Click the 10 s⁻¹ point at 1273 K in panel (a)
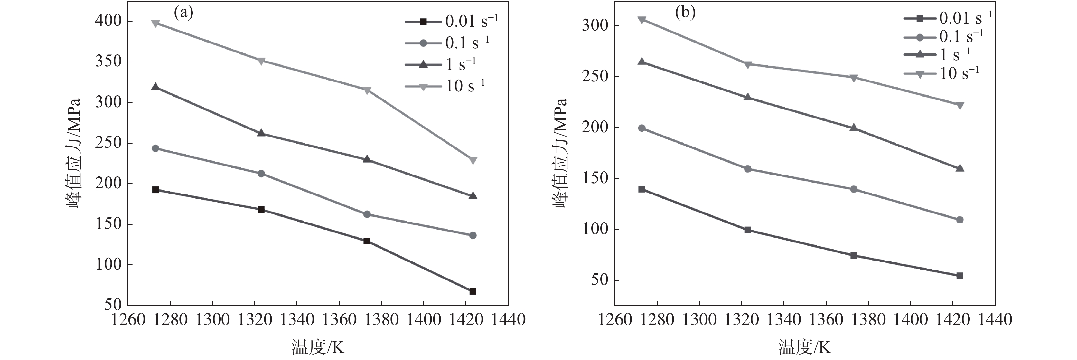[155, 24]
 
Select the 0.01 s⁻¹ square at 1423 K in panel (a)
[473, 291]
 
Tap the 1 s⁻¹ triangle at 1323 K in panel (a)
[261, 133]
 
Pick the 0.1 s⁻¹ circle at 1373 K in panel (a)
[367, 214]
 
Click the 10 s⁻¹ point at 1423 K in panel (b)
[960, 105]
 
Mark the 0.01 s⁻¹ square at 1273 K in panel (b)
[642, 189]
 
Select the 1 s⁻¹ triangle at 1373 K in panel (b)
[854, 128]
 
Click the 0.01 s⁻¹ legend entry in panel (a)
[452, 21]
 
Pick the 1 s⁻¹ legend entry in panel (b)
[937, 55]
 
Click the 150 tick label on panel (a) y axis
[109, 224]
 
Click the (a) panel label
[183, 14]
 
